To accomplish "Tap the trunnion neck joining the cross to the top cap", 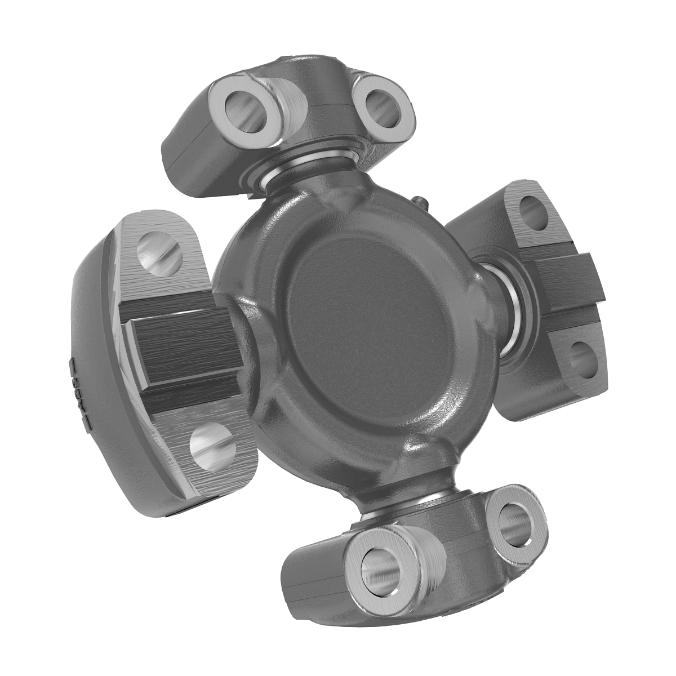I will coord(307,183).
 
